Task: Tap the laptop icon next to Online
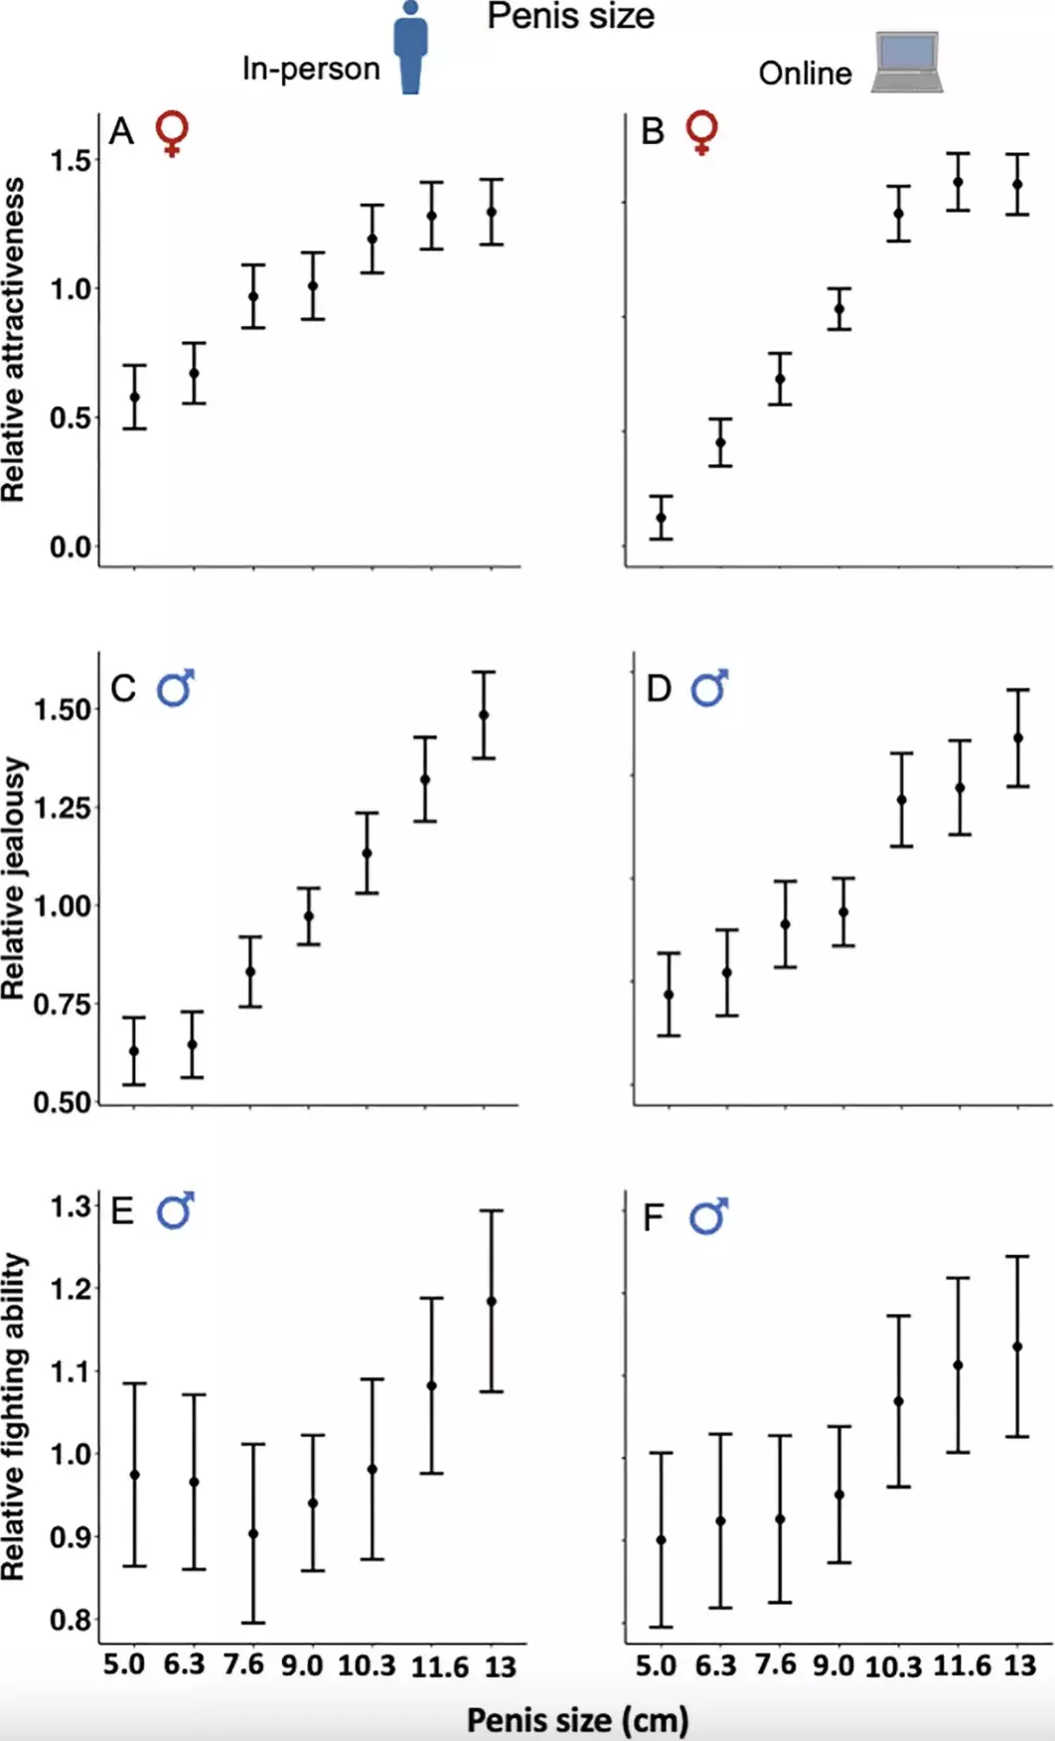click(x=907, y=63)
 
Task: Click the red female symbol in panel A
click(x=173, y=133)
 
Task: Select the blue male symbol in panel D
click(x=709, y=688)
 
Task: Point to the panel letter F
click(x=653, y=1217)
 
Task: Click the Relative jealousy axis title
click(x=13, y=878)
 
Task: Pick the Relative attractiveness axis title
click(x=13, y=340)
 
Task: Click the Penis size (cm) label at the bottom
click(x=578, y=1720)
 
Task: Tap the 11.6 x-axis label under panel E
click(x=439, y=1666)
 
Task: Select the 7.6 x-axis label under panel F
click(x=775, y=1664)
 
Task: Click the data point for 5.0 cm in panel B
click(x=662, y=518)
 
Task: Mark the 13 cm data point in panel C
click(x=484, y=714)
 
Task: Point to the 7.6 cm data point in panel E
click(x=253, y=1534)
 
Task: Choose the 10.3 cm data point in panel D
click(x=902, y=800)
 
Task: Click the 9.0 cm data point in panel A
click(x=313, y=286)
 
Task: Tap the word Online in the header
click(x=805, y=74)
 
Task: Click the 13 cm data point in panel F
click(x=1017, y=1346)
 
